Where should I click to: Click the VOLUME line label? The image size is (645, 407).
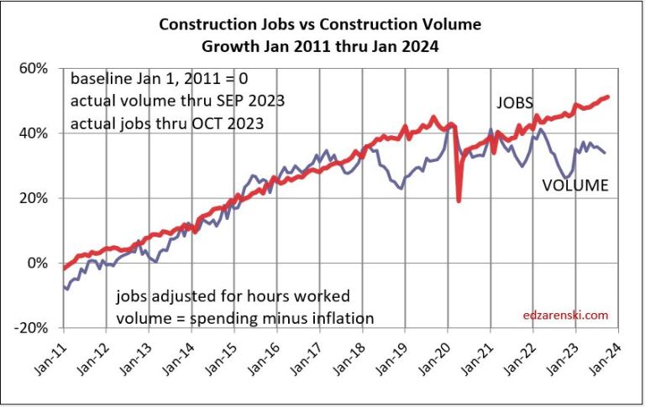click(x=574, y=185)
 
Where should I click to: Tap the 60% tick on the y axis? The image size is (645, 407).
click(x=40, y=68)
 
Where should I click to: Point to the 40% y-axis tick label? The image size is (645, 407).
click(x=40, y=133)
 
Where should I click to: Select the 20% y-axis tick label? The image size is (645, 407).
click(x=40, y=199)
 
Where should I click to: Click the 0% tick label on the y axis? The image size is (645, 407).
click(x=44, y=264)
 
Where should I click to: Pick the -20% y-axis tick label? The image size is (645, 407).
click(x=38, y=328)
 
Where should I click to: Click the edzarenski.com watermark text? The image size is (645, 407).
click(x=565, y=316)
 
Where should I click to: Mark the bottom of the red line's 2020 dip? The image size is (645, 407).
click(x=459, y=201)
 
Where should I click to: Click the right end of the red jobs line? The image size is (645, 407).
click(x=608, y=97)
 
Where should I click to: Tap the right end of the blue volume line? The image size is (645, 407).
click(x=605, y=152)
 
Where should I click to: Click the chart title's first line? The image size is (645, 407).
click(x=322, y=24)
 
